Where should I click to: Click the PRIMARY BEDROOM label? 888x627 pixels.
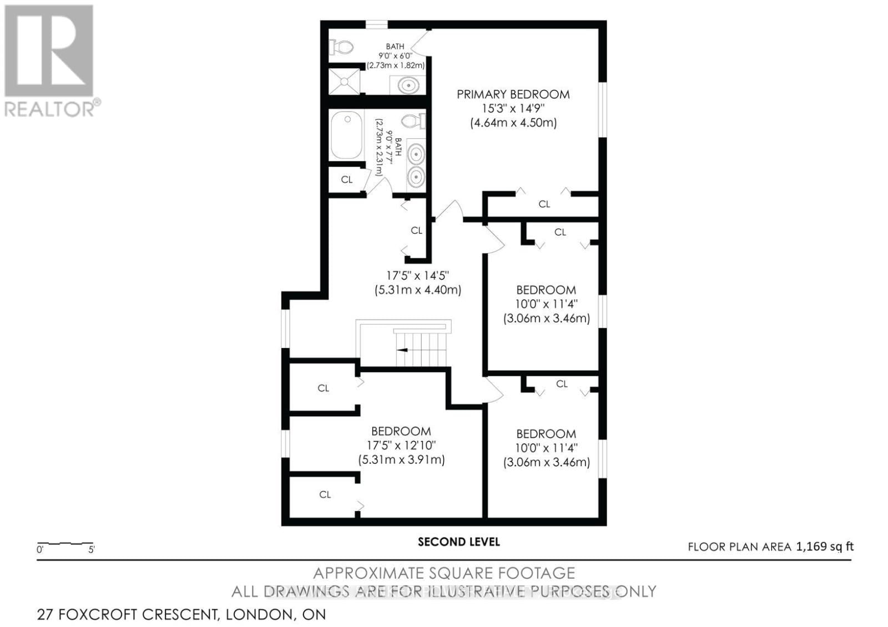click(x=513, y=94)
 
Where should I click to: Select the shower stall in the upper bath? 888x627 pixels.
click(x=344, y=82)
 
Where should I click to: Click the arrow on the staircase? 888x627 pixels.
click(x=402, y=350)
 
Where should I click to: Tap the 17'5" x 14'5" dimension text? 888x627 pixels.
click(x=417, y=275)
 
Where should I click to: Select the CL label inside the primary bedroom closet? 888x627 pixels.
click(x=544, y=204)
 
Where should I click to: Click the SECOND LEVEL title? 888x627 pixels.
click(x=458, y=542)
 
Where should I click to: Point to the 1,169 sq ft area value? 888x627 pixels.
click(x=825, y=547)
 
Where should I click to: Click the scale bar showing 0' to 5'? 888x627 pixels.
click(x=65, y=544)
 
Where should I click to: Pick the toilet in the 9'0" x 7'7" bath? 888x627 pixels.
click(x=413, y=120)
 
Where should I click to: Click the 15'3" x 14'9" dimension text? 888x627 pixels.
click(x=513, y=109)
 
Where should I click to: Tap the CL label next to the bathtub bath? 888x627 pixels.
click(x=346, y=180)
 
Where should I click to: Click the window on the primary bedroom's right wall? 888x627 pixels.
click(x=602, y=109)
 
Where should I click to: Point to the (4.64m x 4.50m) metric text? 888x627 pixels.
click(x=513, y=123)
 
